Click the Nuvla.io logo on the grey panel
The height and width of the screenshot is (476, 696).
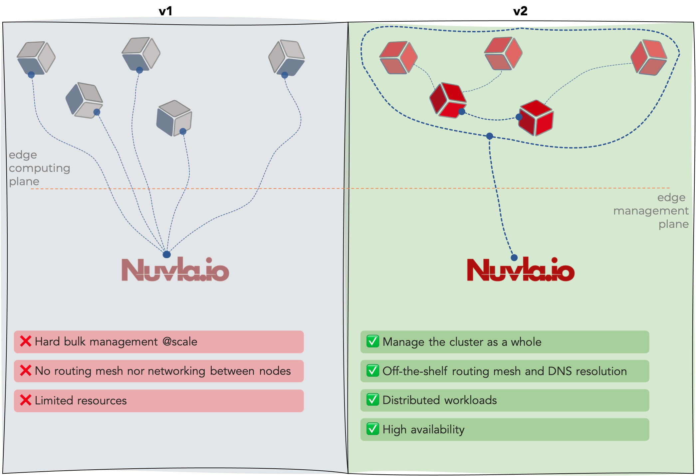[x=175, y=270]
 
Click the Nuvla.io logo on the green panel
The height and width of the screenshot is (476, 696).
[x=521, y=270]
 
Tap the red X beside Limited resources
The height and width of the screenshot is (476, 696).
[x=26, y=400]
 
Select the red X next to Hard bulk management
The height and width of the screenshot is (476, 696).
[x=26, y=341]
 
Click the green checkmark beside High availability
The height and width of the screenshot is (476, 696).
[x=372, y=429]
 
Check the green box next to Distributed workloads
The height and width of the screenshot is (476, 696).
[x=372, y=400]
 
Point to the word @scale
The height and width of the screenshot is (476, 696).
[x=180, y=342]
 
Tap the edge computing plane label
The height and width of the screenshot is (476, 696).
[x=39, y=168]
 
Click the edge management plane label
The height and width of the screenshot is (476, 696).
[x=651, y=211]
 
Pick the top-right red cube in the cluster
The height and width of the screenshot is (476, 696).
[x=649, y=57]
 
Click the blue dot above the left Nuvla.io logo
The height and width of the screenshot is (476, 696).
[x=167, y=254]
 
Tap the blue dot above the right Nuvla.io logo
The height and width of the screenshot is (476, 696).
[x=514, y=257]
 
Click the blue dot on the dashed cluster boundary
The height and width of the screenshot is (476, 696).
[x=490, y=136]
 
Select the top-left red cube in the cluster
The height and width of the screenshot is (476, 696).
[x=398, y=57]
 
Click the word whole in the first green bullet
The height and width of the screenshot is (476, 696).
[x=526, y=342]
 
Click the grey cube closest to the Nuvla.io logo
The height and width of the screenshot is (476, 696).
[x=174, y=118]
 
